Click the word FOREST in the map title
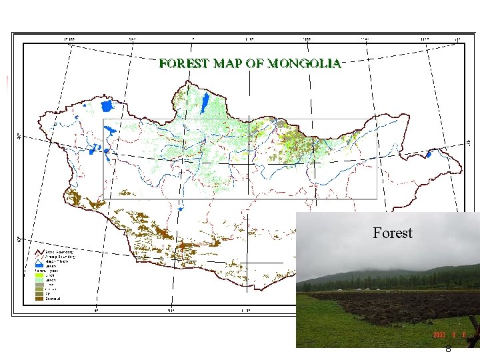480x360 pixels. pyautogui.click(x=183, y=64)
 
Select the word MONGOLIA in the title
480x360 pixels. pyautogui.click(x=305, y=64)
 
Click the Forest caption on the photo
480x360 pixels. pyautogui.click(x=393, y=233)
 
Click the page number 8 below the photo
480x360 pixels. pyautogui.click(x=448, y=349)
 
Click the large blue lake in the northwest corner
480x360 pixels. pyautogui.click(x=107, y=105)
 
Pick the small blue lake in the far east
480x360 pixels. pyautogui.click(x=429, y=154)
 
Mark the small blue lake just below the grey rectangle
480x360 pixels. pyautogui.click(x=180, y=209)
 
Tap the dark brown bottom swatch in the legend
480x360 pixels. pyautogui.click(x=39, y=299)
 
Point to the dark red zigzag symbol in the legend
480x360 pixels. pyautogui.click(x=39, y=252)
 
